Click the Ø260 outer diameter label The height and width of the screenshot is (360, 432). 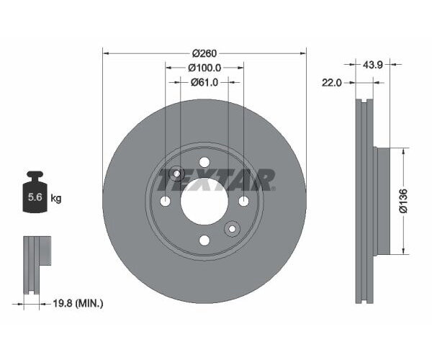pyautogui.click(x=204, y=53)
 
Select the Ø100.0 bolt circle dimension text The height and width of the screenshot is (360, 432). pyautogui.click(x=204, y=68)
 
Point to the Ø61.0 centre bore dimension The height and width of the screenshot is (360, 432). pyautogui.click(x=204, y=82)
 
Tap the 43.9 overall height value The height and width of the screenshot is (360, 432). pyautogui.click(x=372, y=65)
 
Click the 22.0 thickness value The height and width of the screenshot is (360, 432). pyautogui.click(x=332, y=83)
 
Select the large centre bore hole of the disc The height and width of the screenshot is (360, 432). pyautogui.click(x=204, y=200)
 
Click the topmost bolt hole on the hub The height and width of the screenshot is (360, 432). pyautogui.click(x=204, y=161)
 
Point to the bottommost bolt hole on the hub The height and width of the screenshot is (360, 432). pyautogui.click(x=204, y=240)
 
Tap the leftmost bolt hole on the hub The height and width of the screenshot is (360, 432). pyautogui.click(x=165, y=200)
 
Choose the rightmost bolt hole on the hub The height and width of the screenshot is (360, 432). pyautogui.click(x=243, y=200)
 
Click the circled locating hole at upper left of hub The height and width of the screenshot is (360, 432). pyautogui.click(x=176, y=173)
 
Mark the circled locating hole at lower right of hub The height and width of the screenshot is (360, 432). pyautogui.click(x=232, y=229)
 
